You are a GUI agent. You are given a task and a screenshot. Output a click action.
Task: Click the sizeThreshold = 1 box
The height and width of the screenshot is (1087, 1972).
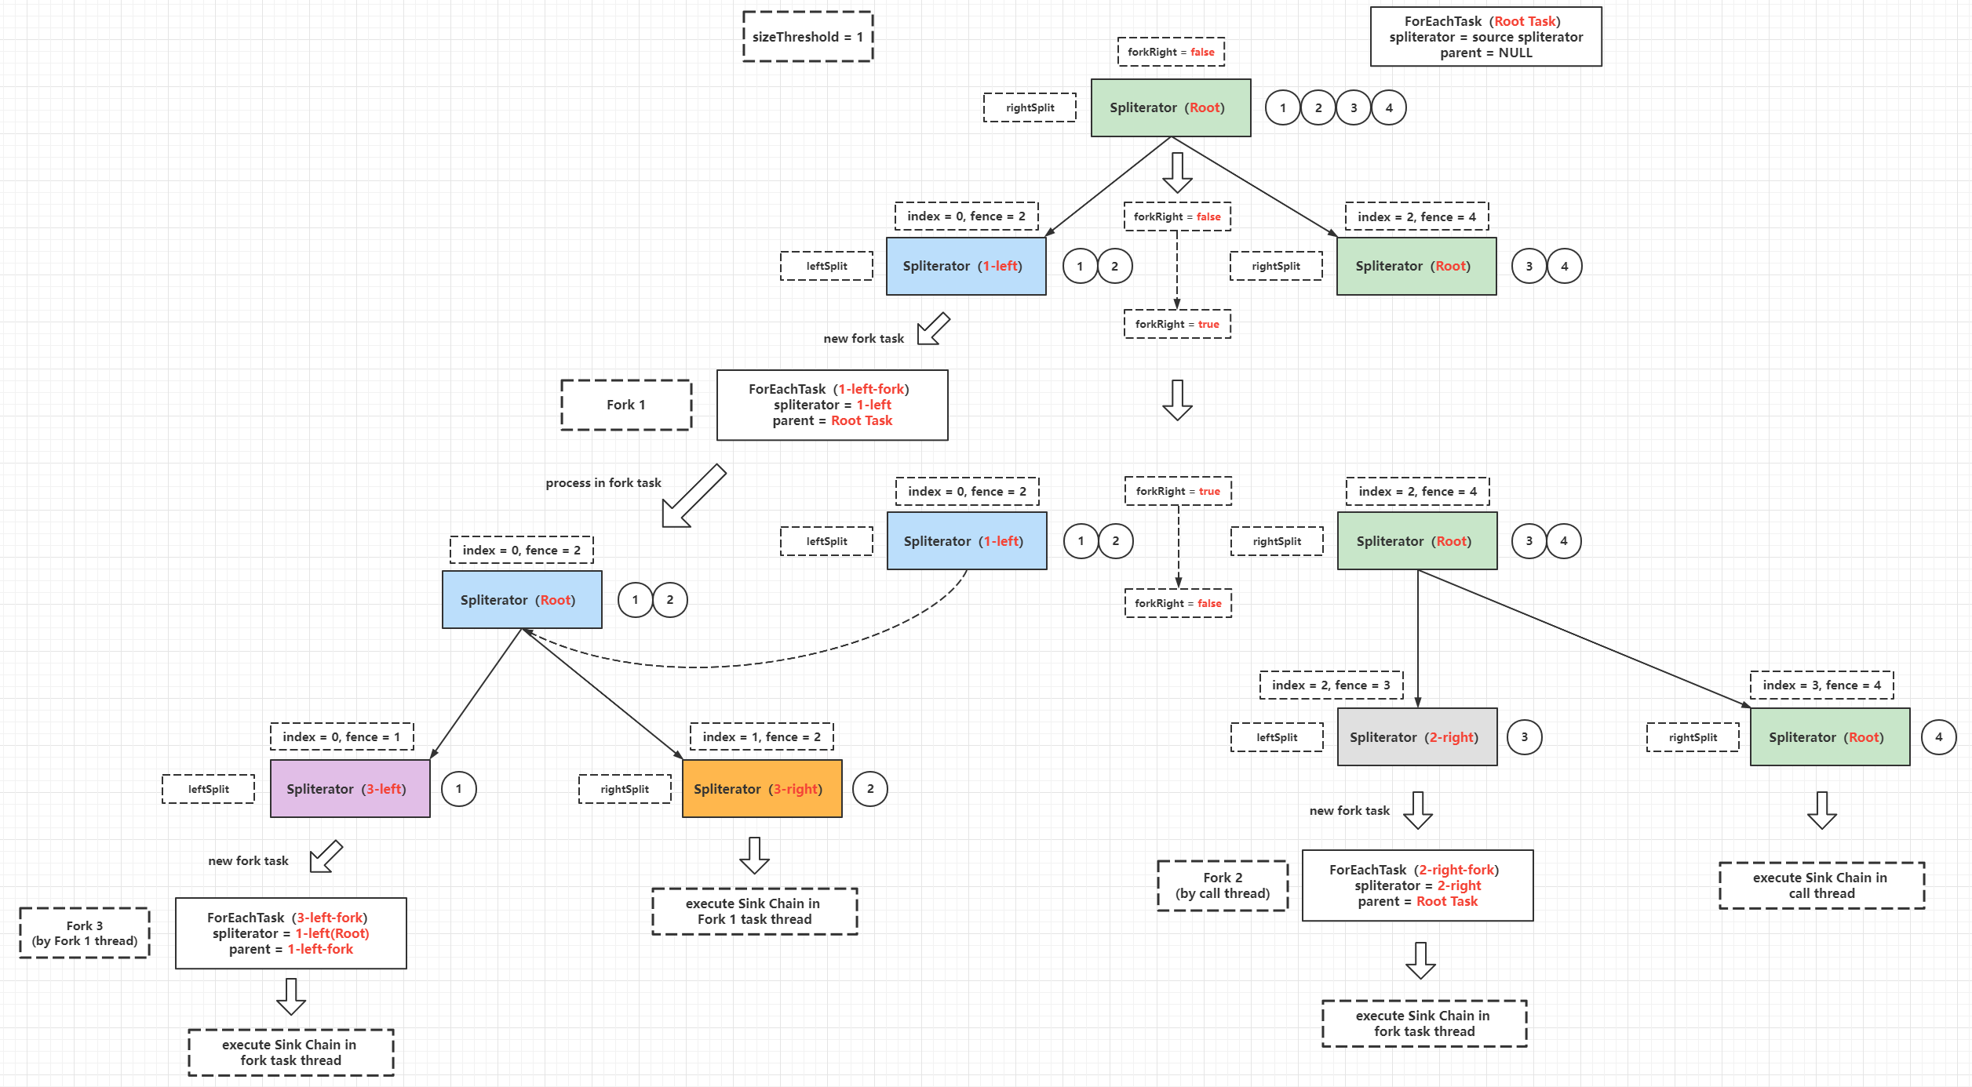click(807, 37)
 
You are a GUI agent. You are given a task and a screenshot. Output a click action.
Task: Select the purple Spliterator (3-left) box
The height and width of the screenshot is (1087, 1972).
click(350, 788)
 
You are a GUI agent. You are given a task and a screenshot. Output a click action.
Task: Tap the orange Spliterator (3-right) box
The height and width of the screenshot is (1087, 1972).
click(762, 788)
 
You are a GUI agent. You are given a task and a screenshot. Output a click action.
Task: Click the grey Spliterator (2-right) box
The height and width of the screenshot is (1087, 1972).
click(1417, 736)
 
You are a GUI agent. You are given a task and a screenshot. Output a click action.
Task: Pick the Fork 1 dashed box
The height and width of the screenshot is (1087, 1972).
click(626, 405)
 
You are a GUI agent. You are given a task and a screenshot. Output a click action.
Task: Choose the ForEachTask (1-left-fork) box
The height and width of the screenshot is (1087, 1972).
click(832, 405)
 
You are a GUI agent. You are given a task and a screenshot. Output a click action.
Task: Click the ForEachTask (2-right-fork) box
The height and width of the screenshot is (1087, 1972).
click(1417, 885)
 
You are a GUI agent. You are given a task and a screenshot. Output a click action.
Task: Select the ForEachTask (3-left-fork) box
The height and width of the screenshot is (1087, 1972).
click(291, 933)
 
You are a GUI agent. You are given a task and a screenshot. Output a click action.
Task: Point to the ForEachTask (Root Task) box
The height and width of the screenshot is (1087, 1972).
click(1485, 37)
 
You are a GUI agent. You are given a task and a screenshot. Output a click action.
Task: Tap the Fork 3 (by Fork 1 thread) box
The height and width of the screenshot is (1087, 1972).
click(85, 933)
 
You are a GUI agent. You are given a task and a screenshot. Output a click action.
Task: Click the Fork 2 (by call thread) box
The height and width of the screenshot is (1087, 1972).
click(1223, 885)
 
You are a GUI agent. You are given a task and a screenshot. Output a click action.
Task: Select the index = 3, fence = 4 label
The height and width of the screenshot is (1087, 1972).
click(1821, 685)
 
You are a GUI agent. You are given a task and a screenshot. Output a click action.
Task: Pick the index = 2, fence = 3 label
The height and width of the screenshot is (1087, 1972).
click(1331, 685)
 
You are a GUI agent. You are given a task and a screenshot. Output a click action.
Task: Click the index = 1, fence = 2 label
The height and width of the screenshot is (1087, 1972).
click(761, 736)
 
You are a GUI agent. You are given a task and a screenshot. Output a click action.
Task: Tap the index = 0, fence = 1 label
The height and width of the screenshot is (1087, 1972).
click(341, 736)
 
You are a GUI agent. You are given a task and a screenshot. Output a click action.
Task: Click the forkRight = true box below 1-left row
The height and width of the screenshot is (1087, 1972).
click(1177, 324)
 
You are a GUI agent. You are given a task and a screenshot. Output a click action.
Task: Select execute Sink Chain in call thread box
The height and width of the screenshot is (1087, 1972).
click(1821, 885)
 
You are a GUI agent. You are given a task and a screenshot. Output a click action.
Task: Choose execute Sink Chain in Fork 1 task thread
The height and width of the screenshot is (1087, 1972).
click(754, 911)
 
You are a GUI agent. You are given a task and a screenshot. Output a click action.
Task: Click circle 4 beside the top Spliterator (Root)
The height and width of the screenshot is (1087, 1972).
click(1389, 107)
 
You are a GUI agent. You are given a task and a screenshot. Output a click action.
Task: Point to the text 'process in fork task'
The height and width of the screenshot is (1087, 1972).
click(603, 482)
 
